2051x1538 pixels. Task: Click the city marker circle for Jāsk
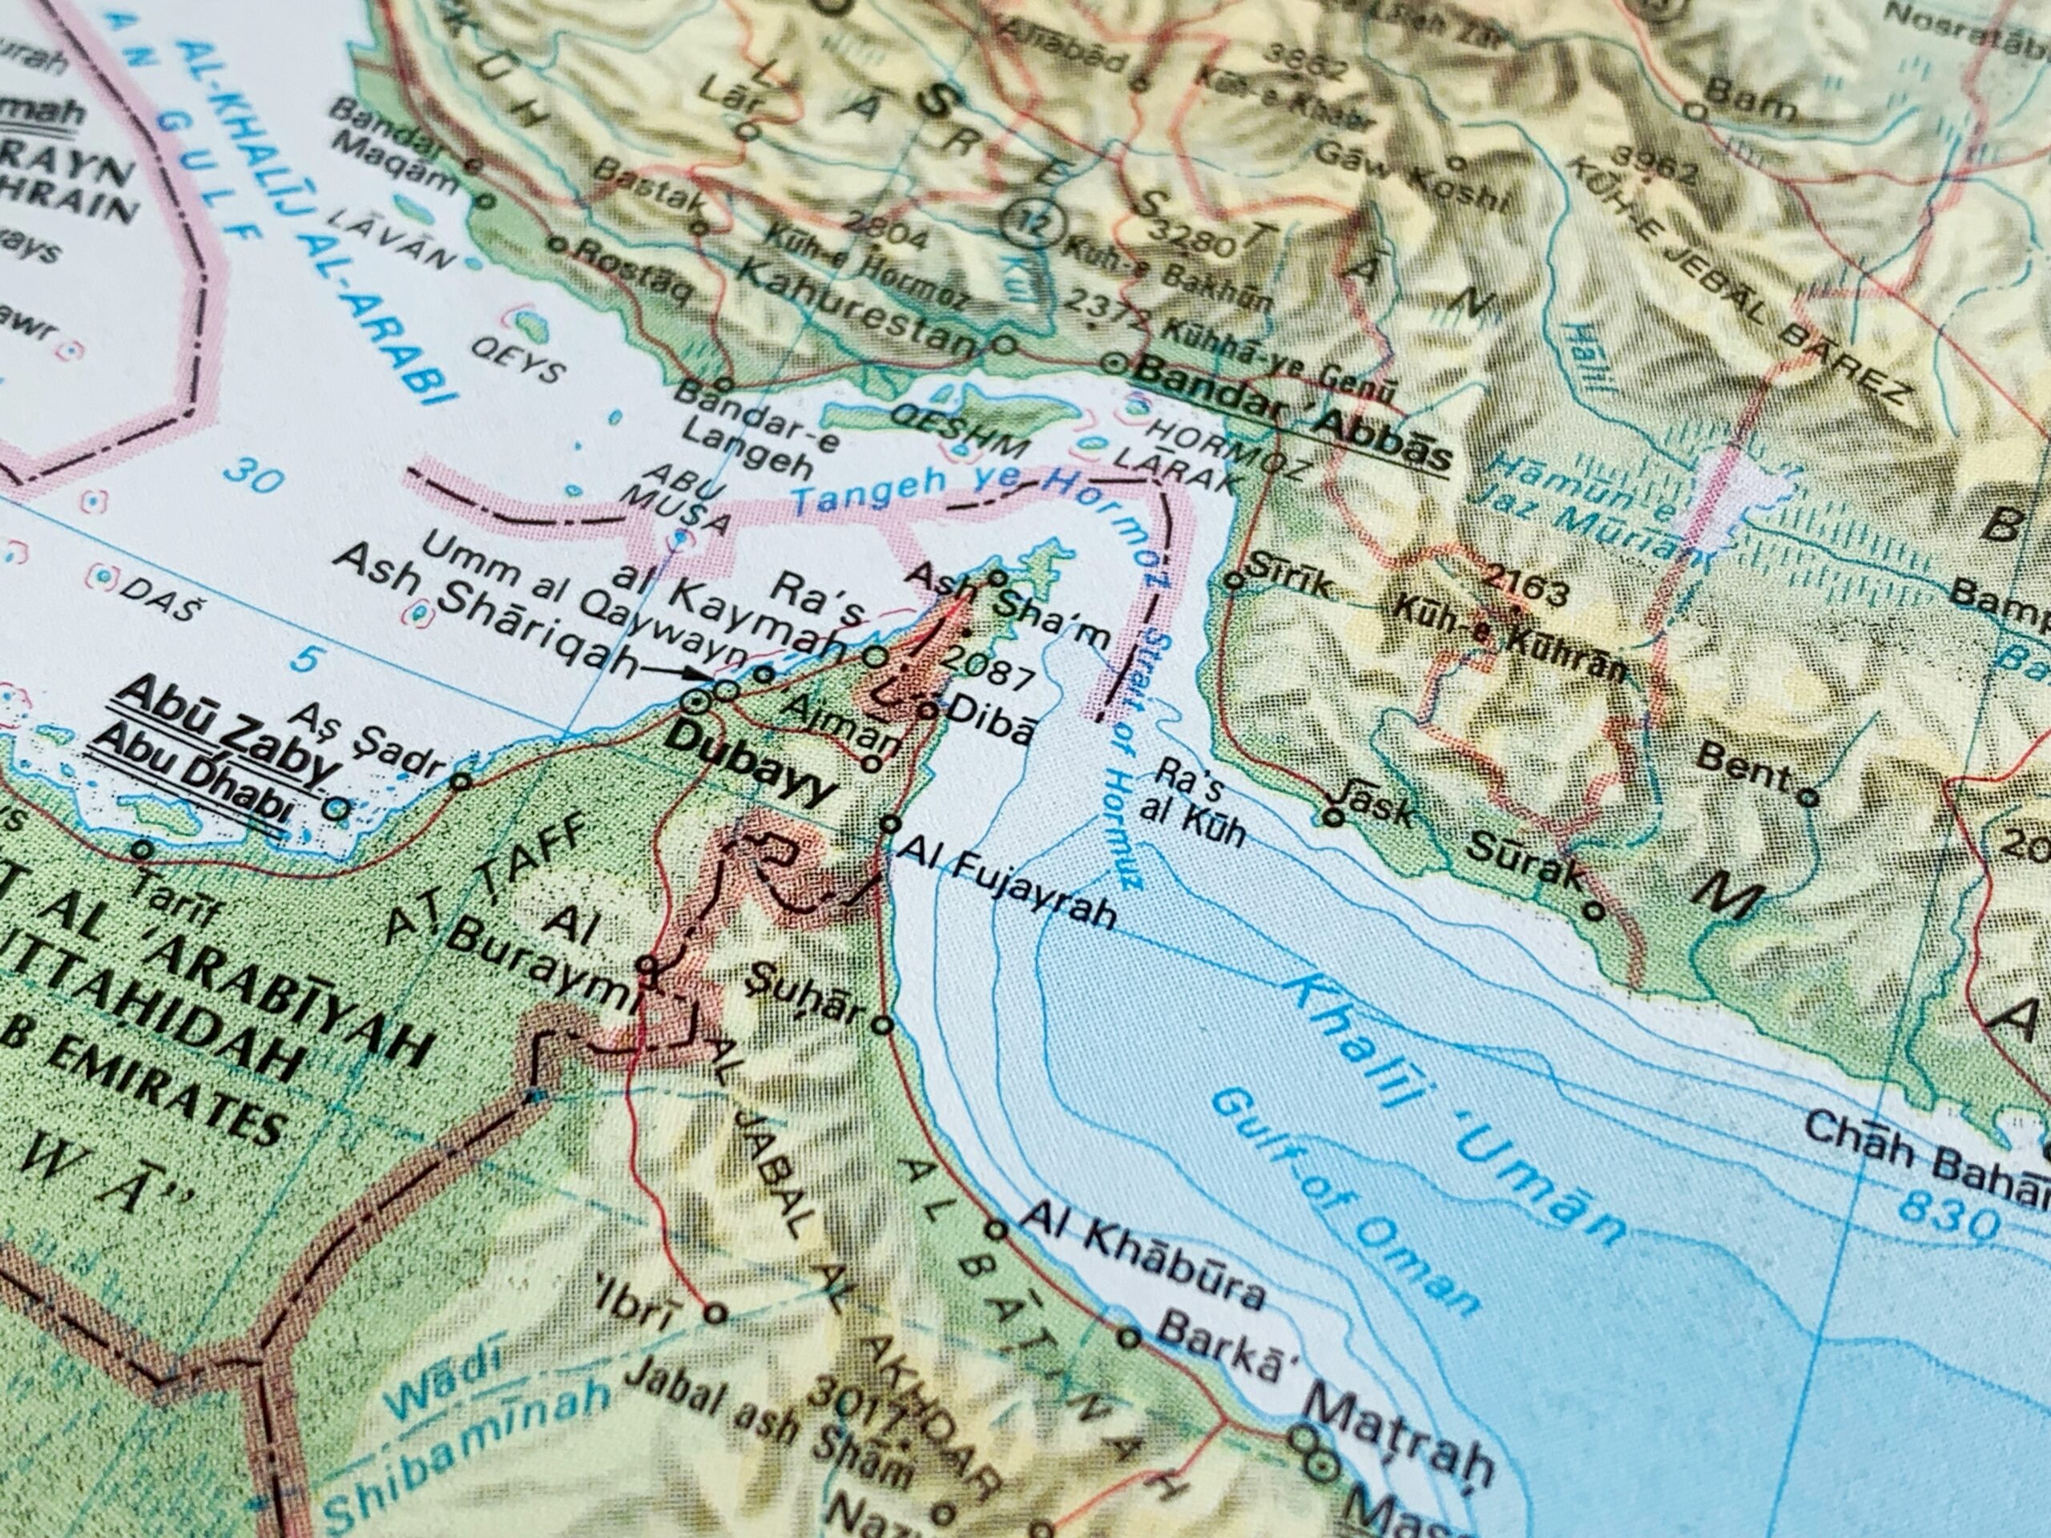pos(1333,817)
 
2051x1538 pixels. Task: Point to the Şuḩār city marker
pos(883,1025)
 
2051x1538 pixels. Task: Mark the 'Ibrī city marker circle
pos(715,1313)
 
